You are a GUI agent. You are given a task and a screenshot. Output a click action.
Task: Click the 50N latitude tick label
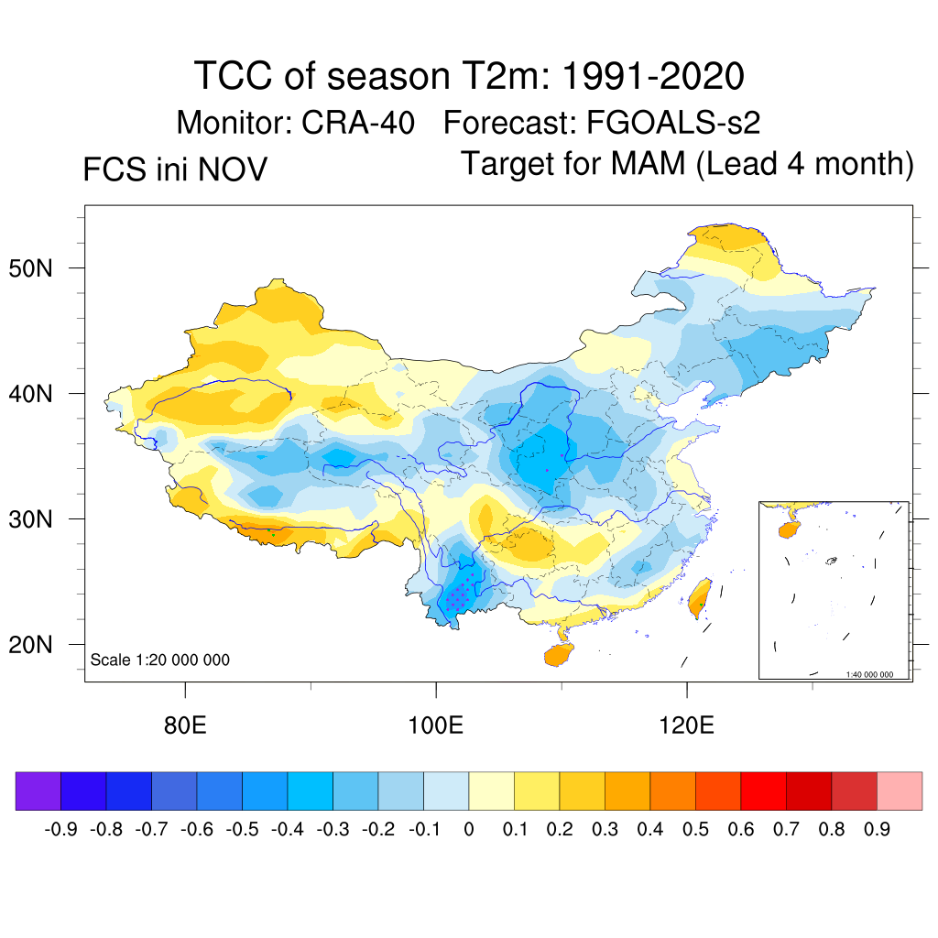click(x=41, y=268)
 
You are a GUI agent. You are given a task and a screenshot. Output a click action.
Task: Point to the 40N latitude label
click(x=41, y=394)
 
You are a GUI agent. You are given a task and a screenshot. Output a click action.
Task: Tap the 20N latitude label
click(x=41, y=645)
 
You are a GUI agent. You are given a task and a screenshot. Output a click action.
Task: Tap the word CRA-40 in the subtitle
click(x=359, y=122)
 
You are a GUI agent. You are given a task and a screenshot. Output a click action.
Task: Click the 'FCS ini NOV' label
click(x=175, y=170)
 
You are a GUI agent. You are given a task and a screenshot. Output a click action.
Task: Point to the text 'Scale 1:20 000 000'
click(x=159, y=660)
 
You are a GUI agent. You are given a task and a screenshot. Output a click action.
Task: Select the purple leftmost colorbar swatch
click(x=38, y=791)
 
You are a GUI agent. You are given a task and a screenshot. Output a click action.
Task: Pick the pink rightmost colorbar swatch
click(x=900, y=791)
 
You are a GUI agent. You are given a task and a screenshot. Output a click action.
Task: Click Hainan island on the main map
click(x=560, y=655)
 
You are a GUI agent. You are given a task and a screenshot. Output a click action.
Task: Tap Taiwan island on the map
click(x=700, y=599)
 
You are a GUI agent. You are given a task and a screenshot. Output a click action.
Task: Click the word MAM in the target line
click(x=649, y=164)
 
